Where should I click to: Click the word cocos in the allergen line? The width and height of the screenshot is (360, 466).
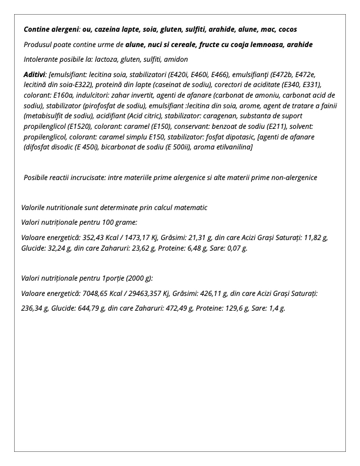click(x=286, y=29)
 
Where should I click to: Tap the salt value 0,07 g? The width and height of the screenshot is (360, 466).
click(x=236, y=248)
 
